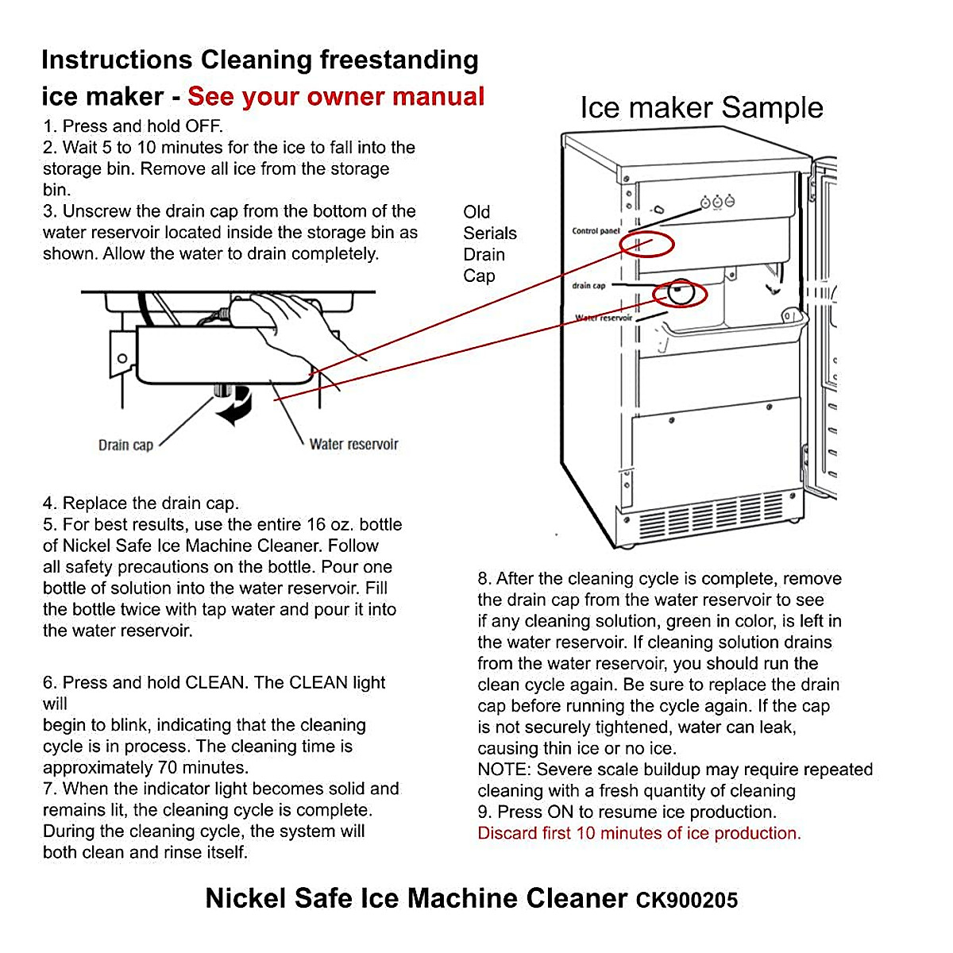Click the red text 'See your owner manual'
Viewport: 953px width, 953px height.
pos(335,97)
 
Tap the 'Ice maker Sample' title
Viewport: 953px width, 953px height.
pos(701,108)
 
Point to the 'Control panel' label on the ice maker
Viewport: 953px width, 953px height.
pos(596,231)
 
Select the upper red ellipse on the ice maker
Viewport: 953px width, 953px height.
pos(647,244)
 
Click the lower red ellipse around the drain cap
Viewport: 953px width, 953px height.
pos(679,294)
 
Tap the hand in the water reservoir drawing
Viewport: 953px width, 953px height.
pos(302,326)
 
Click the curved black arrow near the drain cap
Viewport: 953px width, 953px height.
pos(237,405)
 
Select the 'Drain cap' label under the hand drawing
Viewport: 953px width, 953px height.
pos(125,445)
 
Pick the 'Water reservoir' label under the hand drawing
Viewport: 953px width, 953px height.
pos(353,444)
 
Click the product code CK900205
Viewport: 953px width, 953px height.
pos(686,901)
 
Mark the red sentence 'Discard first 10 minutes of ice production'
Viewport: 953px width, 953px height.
pos(639,833)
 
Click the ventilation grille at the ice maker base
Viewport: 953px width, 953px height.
pos(711,512)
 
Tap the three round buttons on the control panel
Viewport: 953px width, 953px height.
pos(717,202)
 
